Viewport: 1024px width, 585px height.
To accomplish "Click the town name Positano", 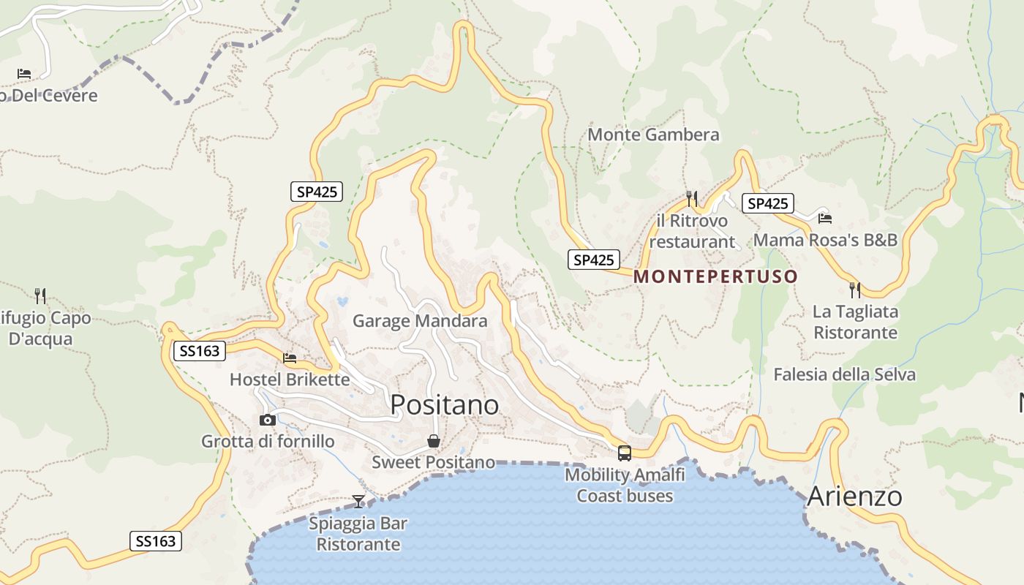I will click(x=444, y=404).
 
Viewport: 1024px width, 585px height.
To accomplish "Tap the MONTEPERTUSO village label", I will click(x=715, y=276).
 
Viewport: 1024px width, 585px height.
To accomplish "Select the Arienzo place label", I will click(x=854, y=497).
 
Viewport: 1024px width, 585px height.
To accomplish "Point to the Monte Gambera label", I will click(x=653, y=135).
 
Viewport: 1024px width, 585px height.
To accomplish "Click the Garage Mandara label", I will click(x=420, y=320).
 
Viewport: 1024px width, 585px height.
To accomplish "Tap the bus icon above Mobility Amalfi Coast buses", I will click(x=624, y=453).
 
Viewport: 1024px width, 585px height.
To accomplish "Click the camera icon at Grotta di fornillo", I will click(x=268, y=420).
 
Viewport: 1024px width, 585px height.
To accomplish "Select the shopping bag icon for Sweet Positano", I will click(x=434, y=441).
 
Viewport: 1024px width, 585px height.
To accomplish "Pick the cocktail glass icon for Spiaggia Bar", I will click(x=358, y=501).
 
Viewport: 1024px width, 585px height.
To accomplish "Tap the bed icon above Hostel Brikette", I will click(x=290, y=358).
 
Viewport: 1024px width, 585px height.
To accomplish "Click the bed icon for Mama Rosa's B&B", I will click(x=825, y=218).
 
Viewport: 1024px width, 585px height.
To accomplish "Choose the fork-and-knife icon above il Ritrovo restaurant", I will click(x=692, y=198).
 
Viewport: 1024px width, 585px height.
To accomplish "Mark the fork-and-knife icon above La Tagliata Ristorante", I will click(x=854, y=290).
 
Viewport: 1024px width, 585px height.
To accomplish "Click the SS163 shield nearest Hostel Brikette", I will click(x=199, y=351).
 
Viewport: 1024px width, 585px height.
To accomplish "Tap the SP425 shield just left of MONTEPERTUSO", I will click(x=594, y=260).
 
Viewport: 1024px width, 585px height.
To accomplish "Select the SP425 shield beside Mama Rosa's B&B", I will click(x=767, y=203).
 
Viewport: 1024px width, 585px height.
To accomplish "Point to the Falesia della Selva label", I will click(x=844, y=374).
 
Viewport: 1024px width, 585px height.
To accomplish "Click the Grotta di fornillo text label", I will click(x=268, y=441).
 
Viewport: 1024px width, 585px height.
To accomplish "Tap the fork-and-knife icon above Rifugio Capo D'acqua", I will click(x=40, y=295).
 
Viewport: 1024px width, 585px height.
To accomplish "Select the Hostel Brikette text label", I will click(x=290, y=380).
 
